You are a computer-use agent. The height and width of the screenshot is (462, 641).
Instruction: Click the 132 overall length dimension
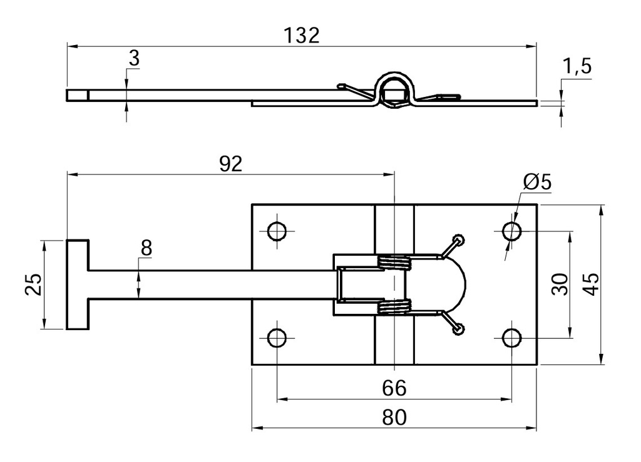(302, 35)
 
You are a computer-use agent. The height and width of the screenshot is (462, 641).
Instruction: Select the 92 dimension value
(230, 164)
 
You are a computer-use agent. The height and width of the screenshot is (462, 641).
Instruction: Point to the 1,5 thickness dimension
(577, 66)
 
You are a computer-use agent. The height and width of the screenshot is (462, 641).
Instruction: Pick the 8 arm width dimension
(146, 248)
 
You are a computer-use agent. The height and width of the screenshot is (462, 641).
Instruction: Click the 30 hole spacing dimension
(559, 284)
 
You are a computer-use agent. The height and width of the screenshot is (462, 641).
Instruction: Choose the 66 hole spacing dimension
(394, 388)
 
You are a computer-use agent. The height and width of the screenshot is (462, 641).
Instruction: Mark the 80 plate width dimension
(394, 417)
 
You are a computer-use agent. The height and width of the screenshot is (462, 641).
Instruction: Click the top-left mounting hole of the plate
(276, 231)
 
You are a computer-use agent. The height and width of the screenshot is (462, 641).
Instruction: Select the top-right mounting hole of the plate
(511, 231)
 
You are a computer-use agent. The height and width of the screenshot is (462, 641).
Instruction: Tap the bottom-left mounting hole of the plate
(276, 338)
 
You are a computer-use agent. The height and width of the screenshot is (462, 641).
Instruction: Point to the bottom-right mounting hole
(511, 338)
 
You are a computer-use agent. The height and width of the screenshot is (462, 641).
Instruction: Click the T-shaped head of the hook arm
(78, 284)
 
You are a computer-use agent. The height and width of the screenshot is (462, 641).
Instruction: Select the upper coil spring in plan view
(394, 263)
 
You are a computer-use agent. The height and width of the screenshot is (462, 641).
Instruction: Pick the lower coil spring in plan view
(394, 306)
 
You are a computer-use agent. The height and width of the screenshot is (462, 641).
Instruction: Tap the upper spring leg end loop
(459, 239)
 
